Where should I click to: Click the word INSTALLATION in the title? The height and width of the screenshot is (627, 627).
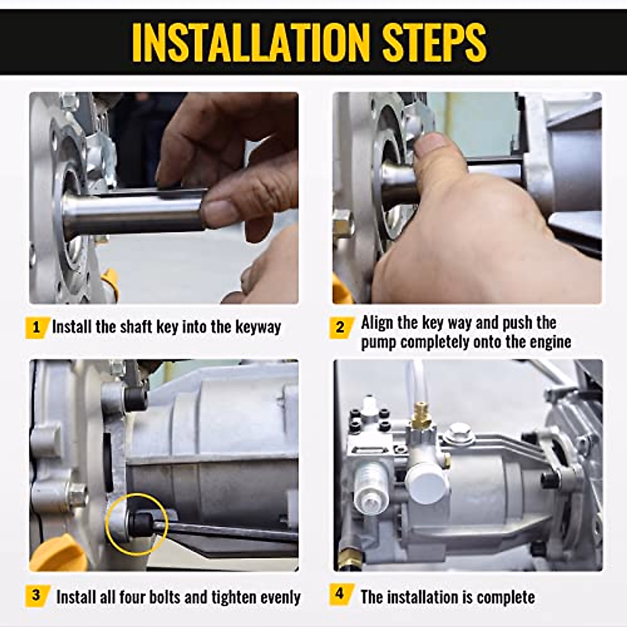(x=251, y=43)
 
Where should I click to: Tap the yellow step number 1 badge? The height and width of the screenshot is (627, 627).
(x=37, y=327)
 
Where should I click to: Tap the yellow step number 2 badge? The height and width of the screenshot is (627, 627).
(x=341, y=327)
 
